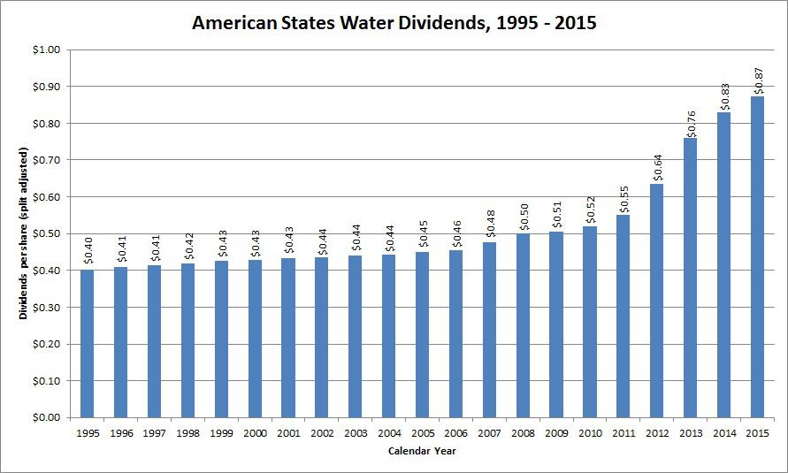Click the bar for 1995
[87, 343]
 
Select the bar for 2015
[757, 256]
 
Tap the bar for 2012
[656, 301]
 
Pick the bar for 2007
[489, 330]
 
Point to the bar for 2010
[590, 322]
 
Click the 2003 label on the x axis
[355, 433]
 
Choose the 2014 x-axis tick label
[723, 433]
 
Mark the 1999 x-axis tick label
[221, 433]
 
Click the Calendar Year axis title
[422, 452]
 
